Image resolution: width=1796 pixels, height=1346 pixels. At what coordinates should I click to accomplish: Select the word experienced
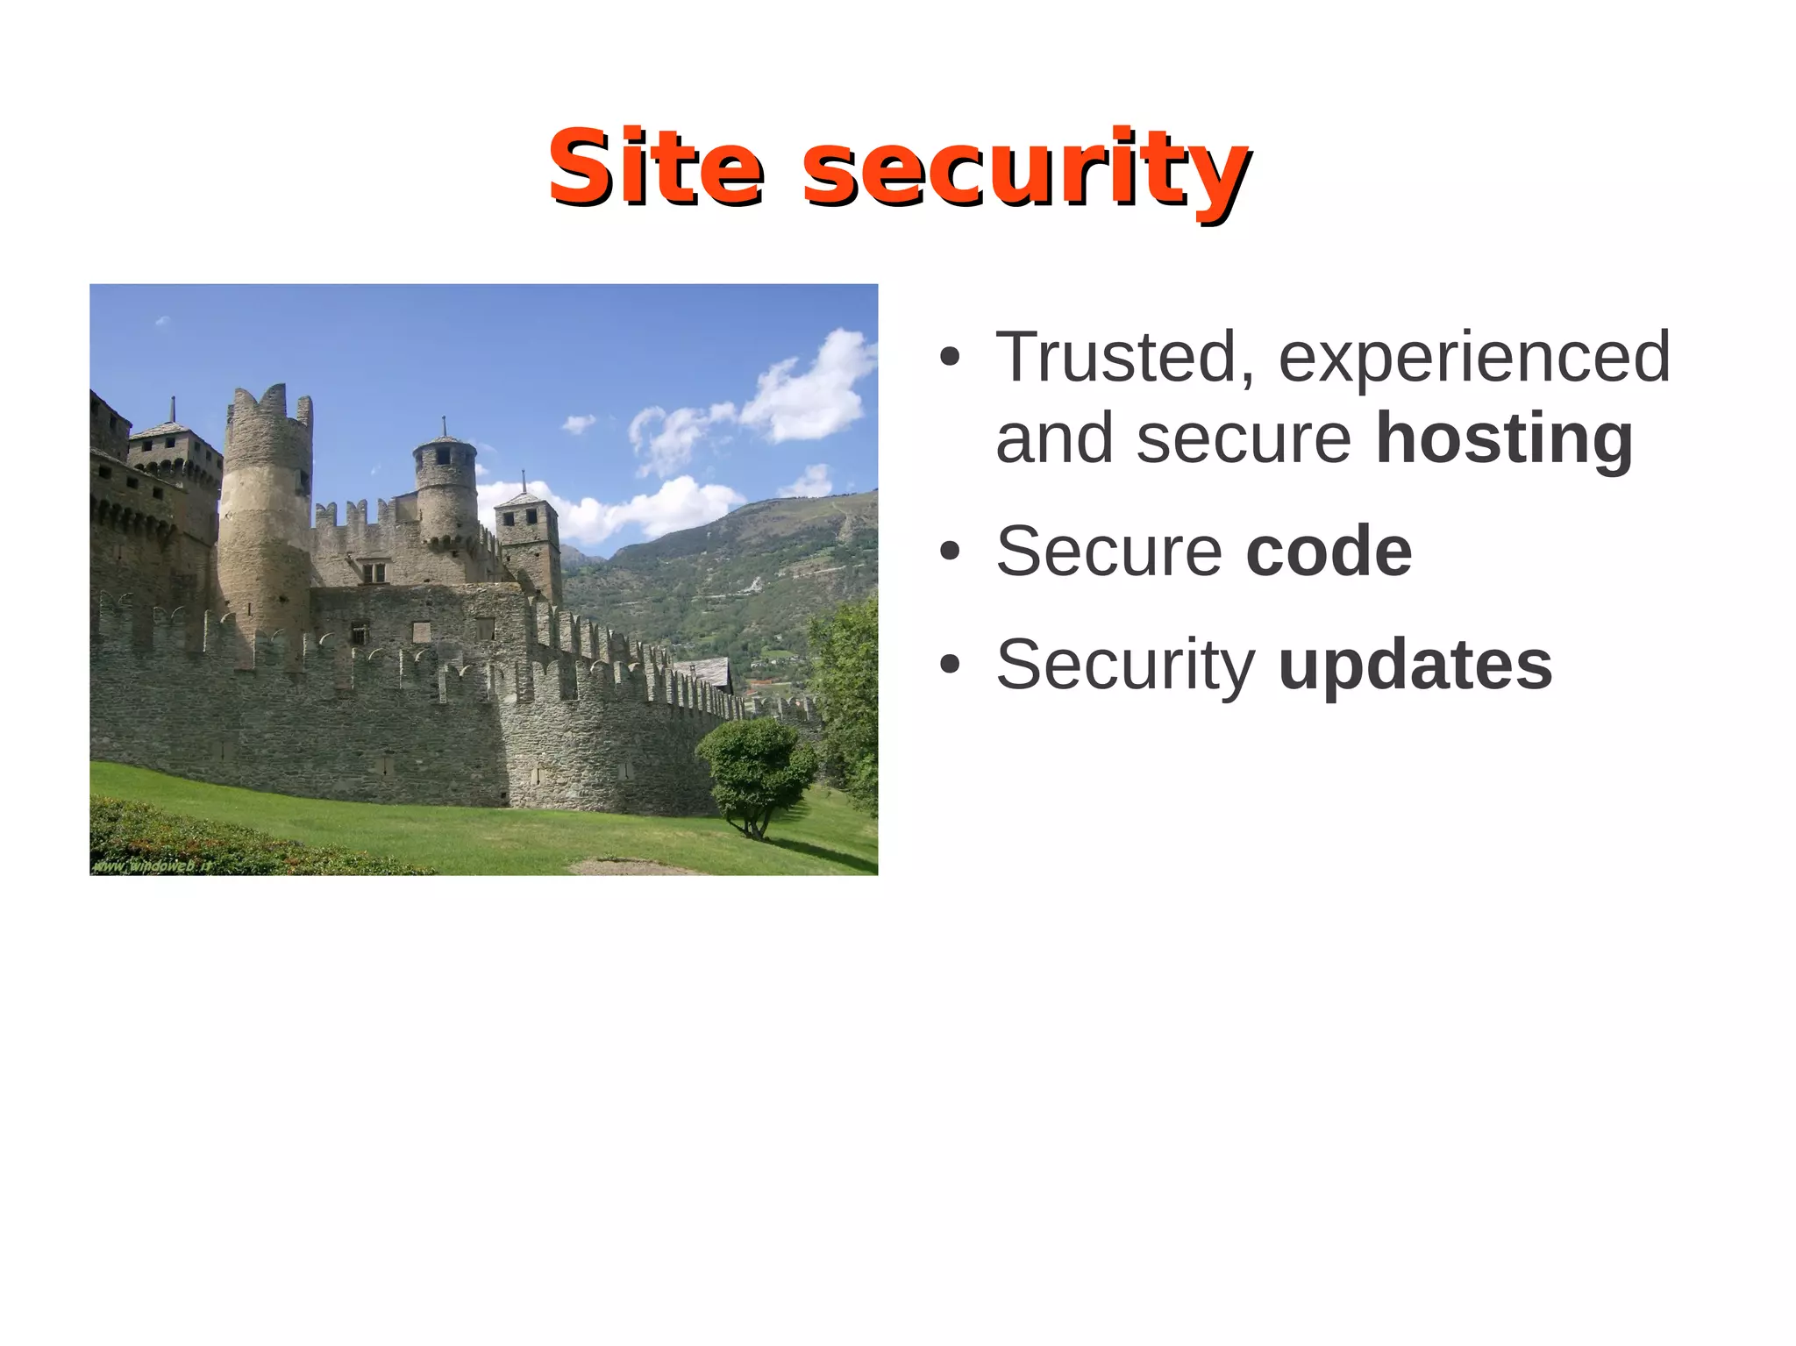click(1474, 359)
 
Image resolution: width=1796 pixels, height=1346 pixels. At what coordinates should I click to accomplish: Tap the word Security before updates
click(1125, 665)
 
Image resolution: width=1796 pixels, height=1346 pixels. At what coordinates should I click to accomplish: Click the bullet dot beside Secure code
click(949, 552)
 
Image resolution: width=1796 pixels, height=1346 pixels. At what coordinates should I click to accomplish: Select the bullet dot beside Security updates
click(949, 666)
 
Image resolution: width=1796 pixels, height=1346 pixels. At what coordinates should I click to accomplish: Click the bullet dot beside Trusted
click(949, 359)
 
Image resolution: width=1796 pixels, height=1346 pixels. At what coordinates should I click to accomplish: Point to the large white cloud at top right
click(811, 390)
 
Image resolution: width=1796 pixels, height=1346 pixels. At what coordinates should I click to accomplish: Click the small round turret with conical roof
click(445, 487)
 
